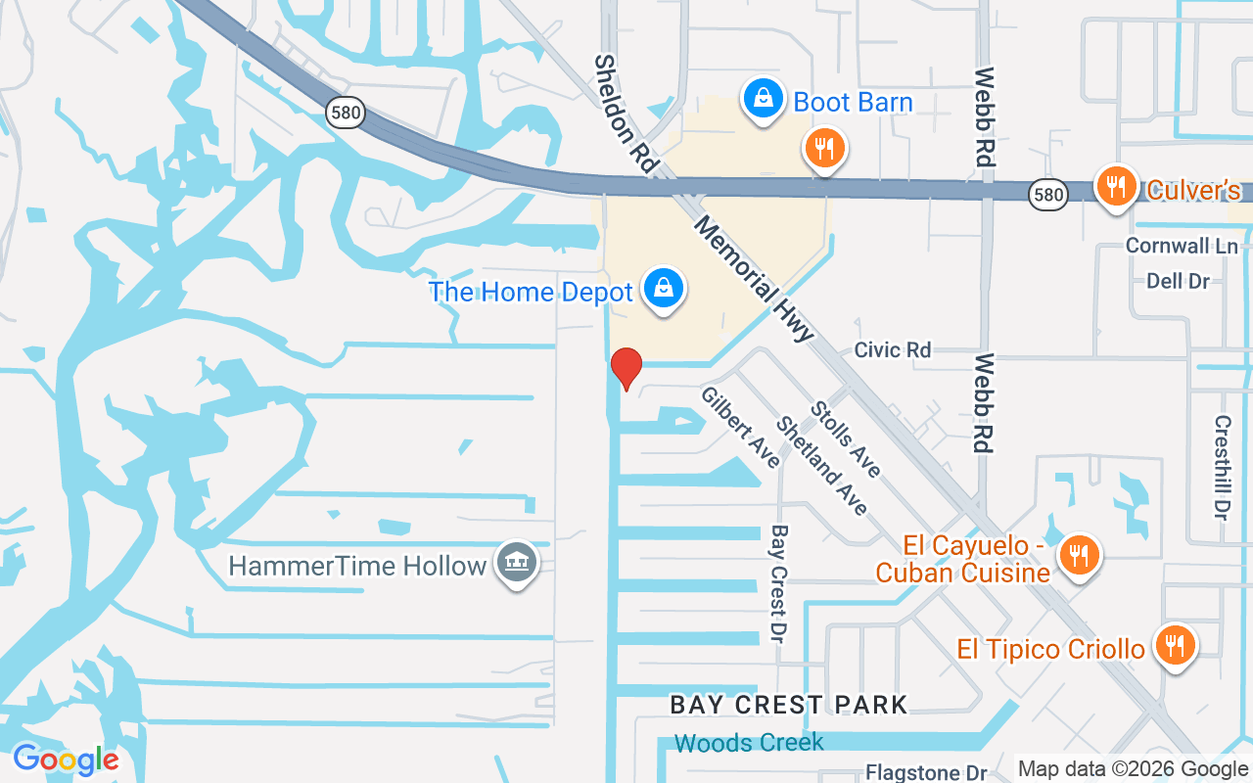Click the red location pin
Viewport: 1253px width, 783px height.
[x=626, y=368]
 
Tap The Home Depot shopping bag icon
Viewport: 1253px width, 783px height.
[x=664, y=291]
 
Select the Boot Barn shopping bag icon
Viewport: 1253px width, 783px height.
[x=761, y=100]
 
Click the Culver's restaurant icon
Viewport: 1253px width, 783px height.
[x=1115, y=186]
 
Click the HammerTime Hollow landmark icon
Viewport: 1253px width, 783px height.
[x=516, y=563]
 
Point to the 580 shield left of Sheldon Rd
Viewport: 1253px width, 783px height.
[x=345, y=114]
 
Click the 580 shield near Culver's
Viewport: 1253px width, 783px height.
[x=1047, y=195]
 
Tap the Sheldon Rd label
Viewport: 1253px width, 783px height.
[x=624, y=115]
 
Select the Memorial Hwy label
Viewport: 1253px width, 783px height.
[x=754, y=279]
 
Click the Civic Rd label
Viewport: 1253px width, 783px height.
[x=892, y=349]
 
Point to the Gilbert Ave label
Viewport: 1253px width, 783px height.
[x=740, y=427]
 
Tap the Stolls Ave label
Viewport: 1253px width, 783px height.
[x=846, y=439]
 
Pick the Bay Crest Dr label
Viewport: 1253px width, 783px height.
[x=779, y=583]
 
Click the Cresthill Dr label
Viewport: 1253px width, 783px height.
[x=1221, y=468]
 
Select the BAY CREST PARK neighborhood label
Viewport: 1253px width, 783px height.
[x=788, y=704]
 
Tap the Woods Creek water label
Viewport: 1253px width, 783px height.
[x=749, y=743]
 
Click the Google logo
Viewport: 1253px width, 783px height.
[x=66, y=760]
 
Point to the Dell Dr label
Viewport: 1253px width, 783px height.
[x=1178, y=281]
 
